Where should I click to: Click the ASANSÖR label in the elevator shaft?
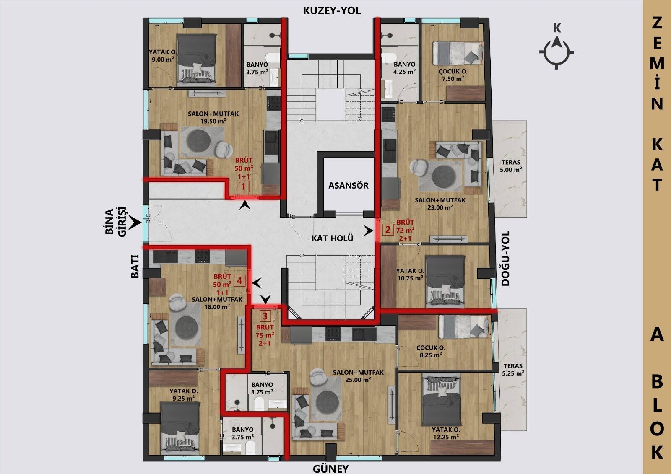349,185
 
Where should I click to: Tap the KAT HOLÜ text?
332,238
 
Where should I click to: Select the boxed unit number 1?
243,187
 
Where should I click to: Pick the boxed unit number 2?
388,230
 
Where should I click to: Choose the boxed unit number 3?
265,316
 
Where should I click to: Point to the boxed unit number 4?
239,280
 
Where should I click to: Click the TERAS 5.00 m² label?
511,166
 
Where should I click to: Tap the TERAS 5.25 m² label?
513,370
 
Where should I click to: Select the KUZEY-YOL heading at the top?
332,11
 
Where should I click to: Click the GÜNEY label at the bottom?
331,469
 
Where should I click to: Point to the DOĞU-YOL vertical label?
505,259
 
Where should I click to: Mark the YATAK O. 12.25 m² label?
446,433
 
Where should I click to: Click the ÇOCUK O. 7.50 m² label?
453,75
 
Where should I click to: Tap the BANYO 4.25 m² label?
404,68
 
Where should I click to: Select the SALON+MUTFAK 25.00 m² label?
358,376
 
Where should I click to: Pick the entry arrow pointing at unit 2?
369,231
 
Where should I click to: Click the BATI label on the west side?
135,267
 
